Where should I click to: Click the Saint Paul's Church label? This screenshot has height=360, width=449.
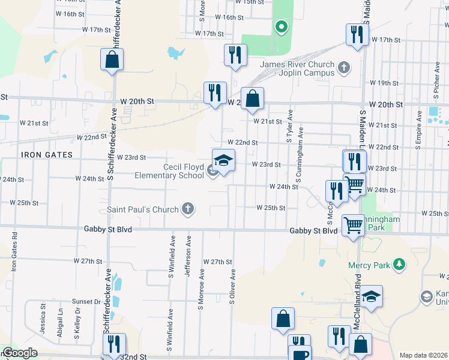pyautogui.click(x=142, y=209)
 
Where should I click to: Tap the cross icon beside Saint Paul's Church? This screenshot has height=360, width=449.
pyautogui.click(x=188, y=209)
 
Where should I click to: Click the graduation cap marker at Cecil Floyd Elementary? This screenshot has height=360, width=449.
pyautogui.click(x=223, y=161)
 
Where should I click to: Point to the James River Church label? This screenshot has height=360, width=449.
pyautogui.click(x=297, y=68)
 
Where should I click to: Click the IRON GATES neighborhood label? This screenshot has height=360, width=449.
pyautogui.click(x=47, y=155)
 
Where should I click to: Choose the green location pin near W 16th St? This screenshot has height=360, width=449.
pyautogui.click(x=280, y=26)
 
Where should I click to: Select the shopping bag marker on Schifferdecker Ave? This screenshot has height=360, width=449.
pyautogui.click(x=112, y=59)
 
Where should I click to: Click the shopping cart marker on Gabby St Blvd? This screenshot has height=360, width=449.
pyautogui.click(x=353, y=226)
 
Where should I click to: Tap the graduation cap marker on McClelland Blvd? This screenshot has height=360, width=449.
pyautogui.click(x=372, y=296)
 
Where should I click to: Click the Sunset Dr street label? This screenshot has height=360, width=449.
pyautogui.click(x=87, y=301)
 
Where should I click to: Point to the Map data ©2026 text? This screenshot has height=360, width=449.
pyautogui.click(x=423, y=355)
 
